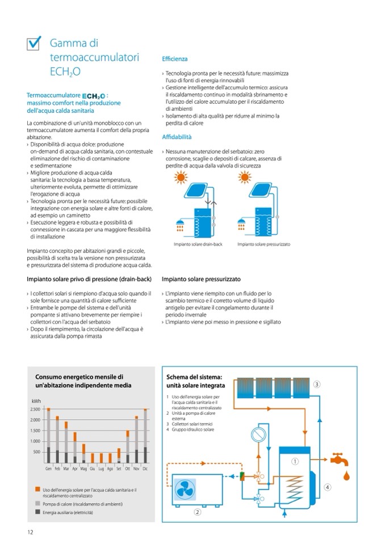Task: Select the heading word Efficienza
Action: [x=174, y=59]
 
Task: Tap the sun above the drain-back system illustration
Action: [x=181, y=178]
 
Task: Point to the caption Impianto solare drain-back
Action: [x=198, y=244]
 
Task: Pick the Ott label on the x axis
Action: [x=127, y=469]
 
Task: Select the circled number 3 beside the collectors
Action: [x=317, y=384]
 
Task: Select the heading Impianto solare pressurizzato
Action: [x=201, y=279]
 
